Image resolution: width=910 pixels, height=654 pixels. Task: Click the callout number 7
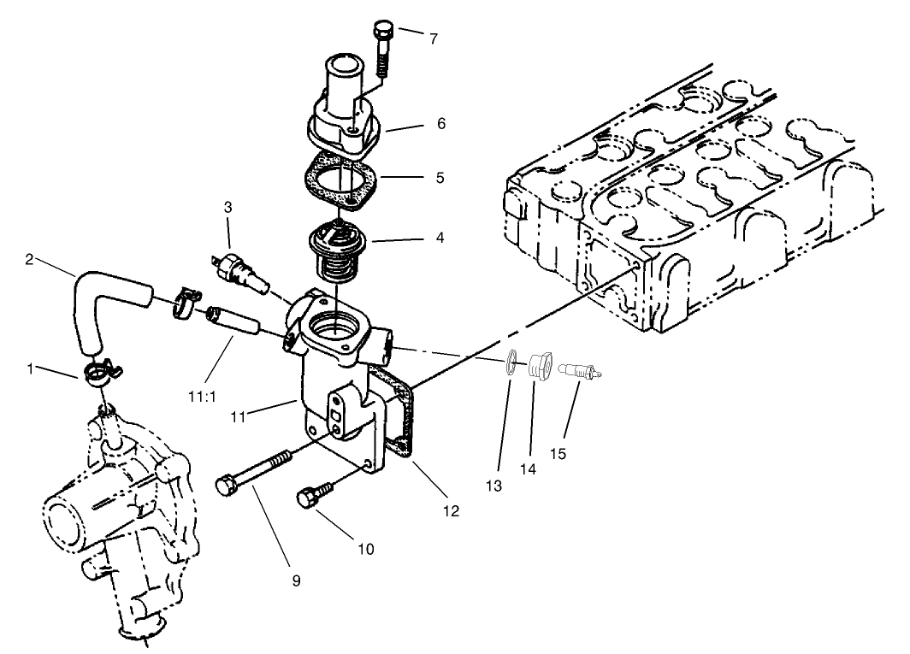tap(434, 39)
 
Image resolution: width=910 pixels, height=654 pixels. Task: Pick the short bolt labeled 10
tap(311, 498)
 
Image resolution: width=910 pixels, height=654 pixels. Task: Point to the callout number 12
tap(451, 511)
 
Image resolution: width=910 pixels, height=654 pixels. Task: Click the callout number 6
tap(440, 124)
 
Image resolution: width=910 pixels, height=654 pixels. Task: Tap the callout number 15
tap(558, 454)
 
